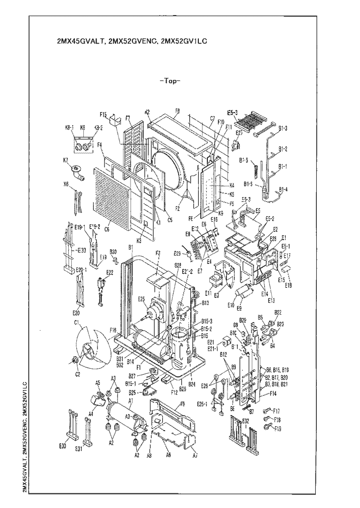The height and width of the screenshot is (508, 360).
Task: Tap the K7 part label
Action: click(66, 160)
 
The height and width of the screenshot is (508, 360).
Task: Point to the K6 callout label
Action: click(66, 184)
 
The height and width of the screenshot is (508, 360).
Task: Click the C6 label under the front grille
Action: click(106, 229)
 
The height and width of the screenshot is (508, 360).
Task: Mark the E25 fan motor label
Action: click(142, 299)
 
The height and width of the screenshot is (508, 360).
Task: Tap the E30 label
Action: click(63, 446)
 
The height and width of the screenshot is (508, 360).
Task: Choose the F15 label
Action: click(104, 114)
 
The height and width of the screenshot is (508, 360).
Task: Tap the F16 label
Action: click(113, 331)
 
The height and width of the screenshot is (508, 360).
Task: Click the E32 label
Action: click(246, 420)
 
